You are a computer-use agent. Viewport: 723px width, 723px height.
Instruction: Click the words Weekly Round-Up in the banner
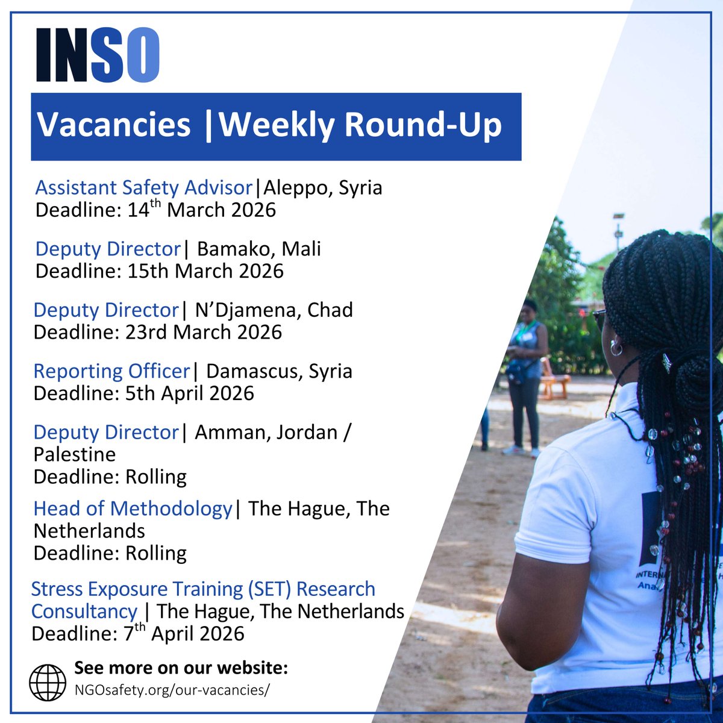click(x=360, y=125)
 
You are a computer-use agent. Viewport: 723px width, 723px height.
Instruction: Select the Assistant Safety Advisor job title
click(x=143, y=187)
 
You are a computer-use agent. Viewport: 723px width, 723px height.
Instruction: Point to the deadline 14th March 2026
click(x=155, y=210)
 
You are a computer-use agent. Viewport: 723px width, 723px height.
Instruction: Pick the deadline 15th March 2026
click(x=160, y=271)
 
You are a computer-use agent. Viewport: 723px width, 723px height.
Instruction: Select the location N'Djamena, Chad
click(x=274, y=310)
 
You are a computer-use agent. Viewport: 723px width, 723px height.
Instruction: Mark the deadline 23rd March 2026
click(x=158, y=332)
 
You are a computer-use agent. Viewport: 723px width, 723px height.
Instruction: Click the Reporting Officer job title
click(x=111, y=371)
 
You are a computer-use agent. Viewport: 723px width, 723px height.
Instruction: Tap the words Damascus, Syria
click(x=279, y=371)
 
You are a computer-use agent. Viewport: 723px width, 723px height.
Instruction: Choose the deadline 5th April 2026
click(x=144, y=393)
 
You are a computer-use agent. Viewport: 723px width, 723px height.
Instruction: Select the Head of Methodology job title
click(x=133, y=509)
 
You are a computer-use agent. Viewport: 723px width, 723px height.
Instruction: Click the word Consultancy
click(x=84, y=611)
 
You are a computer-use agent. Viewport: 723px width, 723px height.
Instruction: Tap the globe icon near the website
click(x=48, y=682)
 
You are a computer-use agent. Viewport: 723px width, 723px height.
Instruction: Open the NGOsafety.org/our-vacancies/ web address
click(x=172, y=690)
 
